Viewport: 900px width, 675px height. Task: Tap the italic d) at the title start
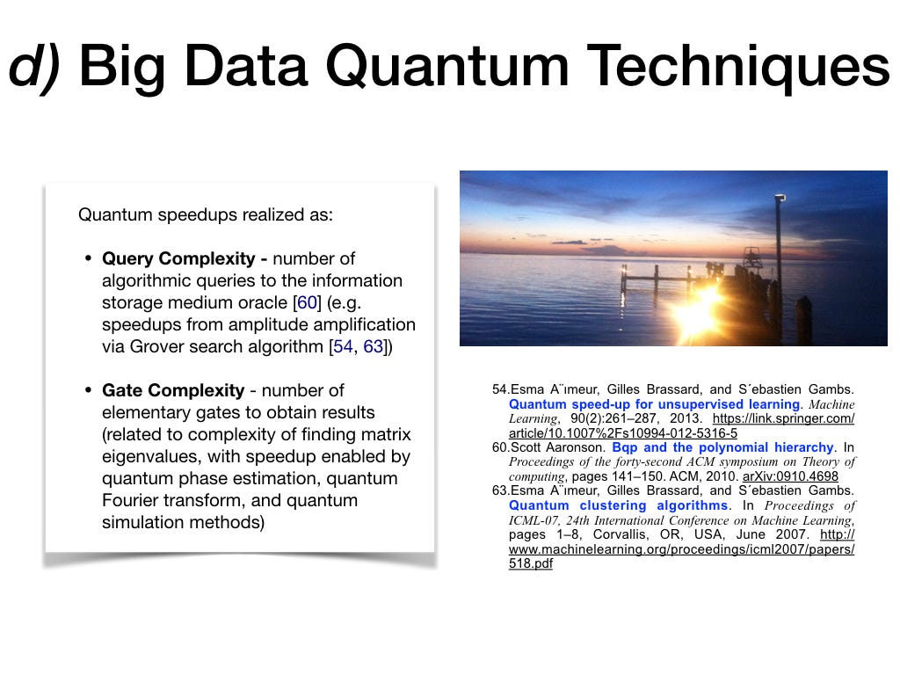[x=34, y=67]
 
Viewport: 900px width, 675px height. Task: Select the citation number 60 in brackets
[x=307, y=302]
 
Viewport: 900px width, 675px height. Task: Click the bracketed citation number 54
[x=343, y=346]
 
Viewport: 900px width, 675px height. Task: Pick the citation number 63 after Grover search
[x=373, y=346]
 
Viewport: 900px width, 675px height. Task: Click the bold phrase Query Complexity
[x=178, y=258]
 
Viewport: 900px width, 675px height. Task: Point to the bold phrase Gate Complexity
[x=173, y=390]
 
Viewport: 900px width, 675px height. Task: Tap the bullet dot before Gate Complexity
[x=88, y=390]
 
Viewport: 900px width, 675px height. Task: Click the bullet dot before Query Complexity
[x=88, y=258]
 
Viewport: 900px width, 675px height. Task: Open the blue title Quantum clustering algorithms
[x=618, y=505]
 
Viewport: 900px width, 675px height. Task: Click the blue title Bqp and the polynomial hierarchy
[x=722, y=447]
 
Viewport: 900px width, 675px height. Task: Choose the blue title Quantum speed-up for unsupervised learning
[x=654, y=404]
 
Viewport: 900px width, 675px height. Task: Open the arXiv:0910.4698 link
[x=790, y=476]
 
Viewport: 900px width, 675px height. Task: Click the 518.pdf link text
[x=531, y=563]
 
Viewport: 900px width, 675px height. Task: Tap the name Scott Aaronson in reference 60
[x=557, y=447]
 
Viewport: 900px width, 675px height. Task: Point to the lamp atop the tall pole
[x=780, y=198]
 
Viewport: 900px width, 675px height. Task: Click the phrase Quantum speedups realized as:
[x=206, y=214]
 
